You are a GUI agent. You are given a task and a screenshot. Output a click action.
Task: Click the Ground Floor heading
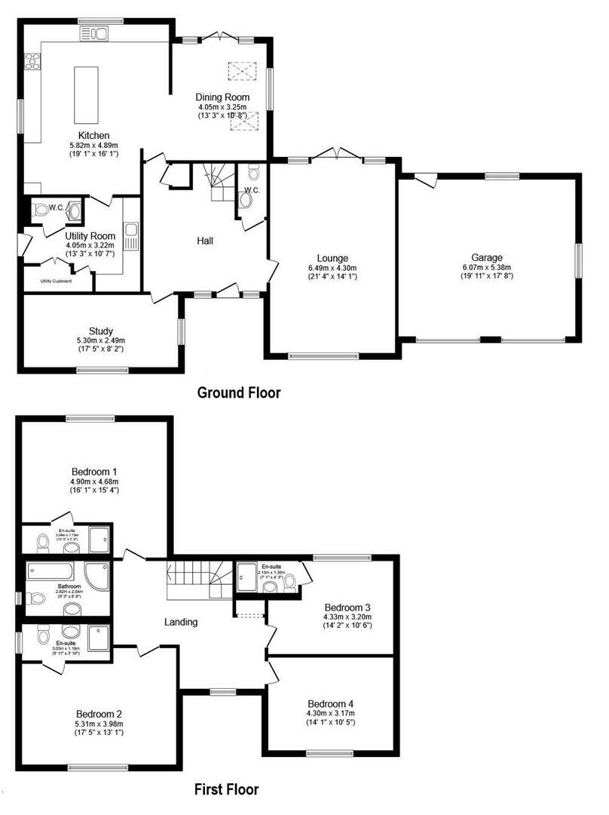click(x=238, y=392)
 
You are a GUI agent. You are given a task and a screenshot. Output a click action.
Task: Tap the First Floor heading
click(x=226, y=790)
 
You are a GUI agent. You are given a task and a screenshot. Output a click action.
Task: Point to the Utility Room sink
click(x=131, y=235)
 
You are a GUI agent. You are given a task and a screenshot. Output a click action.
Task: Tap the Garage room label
click(x=487, y=257)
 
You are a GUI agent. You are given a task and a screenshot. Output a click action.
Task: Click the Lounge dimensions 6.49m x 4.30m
click(x=332, y=268)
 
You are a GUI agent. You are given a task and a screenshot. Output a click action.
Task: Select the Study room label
click(x=101, y=331)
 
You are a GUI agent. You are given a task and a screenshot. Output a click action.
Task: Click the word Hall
click(x=204, y=241)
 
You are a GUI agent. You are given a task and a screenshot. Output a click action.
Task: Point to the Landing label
click(x=181, y=623)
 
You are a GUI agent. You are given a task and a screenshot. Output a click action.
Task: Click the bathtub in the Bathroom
click(x=50, y=570)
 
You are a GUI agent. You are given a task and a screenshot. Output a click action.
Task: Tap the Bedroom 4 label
click(x=330, y=703)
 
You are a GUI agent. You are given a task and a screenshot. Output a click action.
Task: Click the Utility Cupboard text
click(x=57, y=281)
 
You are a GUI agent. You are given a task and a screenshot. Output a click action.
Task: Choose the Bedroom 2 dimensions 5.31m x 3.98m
click(x=99, y=724)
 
